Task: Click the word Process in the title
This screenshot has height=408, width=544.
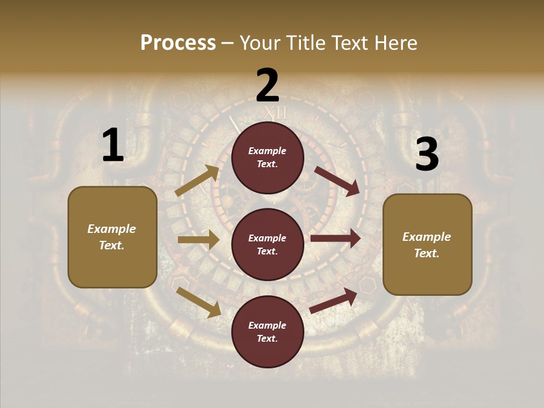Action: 178,42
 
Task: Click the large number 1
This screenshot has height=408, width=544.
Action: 113,145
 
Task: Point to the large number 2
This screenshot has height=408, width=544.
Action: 267,86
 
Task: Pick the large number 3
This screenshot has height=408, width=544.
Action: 427,154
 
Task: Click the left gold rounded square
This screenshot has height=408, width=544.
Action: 112,237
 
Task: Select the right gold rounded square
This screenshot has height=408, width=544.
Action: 427,245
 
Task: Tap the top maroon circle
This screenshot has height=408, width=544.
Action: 267,158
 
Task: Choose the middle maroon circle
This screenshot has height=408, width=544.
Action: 267,244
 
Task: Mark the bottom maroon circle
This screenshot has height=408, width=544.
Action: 267,331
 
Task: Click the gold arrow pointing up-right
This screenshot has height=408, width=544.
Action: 197,181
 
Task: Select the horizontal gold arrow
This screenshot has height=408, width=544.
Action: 198,240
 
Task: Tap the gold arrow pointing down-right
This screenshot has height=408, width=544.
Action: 199,302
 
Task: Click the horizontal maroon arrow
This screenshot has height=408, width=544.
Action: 335,238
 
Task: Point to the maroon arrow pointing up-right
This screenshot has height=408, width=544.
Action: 334,300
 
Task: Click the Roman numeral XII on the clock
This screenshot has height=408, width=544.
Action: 276,113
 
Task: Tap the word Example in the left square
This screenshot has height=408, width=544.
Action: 112,229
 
